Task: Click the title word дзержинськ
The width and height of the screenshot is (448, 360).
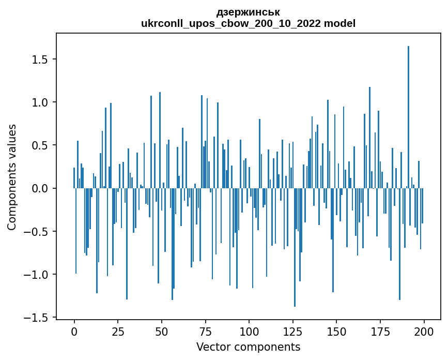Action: [248, 12]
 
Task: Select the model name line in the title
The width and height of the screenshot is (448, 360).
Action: [248, 23]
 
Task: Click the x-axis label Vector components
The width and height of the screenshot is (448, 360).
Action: [248, 347]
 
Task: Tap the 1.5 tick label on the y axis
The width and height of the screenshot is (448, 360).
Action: [39, 59]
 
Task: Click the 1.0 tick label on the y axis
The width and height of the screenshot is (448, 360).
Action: [39, 102]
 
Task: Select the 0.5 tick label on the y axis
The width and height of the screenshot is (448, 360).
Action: [39, 145]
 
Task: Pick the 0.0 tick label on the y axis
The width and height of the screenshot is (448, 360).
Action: [39, 188]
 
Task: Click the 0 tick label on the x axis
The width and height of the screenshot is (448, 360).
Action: [74, 331]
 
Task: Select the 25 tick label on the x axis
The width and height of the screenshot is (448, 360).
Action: [118, 331]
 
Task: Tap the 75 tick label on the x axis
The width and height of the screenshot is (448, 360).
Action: [205, 331]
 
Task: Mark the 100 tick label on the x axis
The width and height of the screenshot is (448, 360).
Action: [249, 331]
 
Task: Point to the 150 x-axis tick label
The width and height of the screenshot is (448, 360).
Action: [336, 331]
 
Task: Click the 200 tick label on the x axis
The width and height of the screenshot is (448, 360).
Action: [424, 331]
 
